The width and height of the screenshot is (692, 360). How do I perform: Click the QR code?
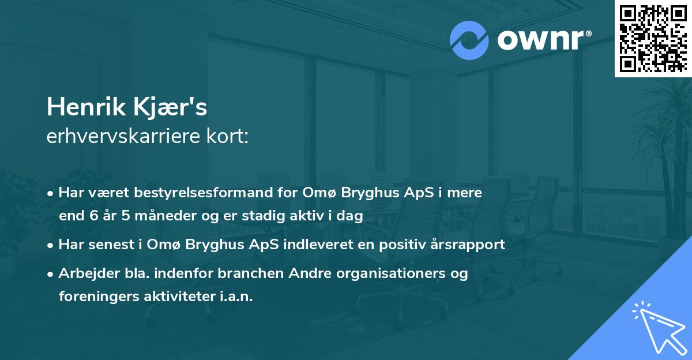pos(652,39)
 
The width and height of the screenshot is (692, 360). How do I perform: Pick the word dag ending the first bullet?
pos(352,217)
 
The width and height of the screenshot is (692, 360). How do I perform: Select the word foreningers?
pos(98,297)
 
